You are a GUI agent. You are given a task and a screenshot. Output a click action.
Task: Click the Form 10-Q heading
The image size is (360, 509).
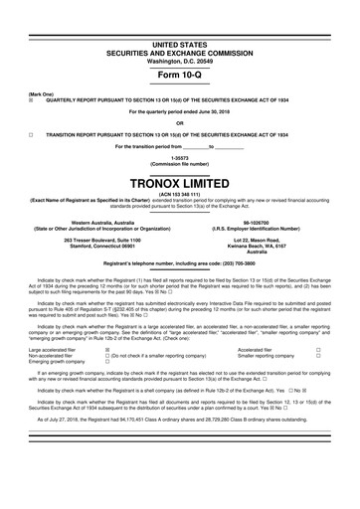click(180, 75)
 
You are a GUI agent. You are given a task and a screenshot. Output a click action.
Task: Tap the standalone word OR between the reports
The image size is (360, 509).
click(180, 123)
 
